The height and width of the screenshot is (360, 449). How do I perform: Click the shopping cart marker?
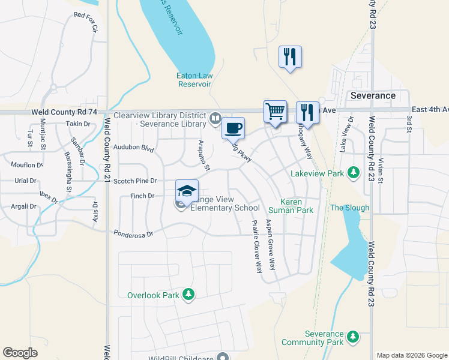pyautogui.click(x=275, y=112)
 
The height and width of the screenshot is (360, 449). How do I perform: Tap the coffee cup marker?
pyautogui.click(x=233, y=128)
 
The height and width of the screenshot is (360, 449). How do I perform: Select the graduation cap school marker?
pyautogui.click(x=187, y=191)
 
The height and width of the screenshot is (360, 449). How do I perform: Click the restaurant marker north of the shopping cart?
pyautogui.click(x=290, y=57)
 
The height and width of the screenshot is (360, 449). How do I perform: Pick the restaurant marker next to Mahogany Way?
pyautogui.click(x=307, y=112)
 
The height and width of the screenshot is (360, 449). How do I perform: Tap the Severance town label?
pyautogui.click(x=373, y=95)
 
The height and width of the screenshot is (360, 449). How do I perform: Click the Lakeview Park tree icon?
pyautogui.click(x=354, y=173)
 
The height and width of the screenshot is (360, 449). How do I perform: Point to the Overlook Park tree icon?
pyautogui.click(x=189, y=294)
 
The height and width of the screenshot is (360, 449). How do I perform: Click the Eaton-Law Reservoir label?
pyautogui.click(x=194, y=80)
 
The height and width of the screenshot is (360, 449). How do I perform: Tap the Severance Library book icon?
pyautogui.click(x=215, y=118)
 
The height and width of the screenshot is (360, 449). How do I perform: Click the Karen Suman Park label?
pyautogui.click(x=295, y=206)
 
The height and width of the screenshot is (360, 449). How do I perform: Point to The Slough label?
pyautogui.click(x=350, y=208)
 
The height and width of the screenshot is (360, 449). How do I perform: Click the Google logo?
pyautogui.click(x=20, y=353)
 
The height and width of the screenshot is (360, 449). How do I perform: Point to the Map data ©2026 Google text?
pyautogui.click(x=411, y=355)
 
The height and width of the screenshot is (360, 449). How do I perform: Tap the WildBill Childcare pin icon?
pyautogui.click(x=223, y=356)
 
